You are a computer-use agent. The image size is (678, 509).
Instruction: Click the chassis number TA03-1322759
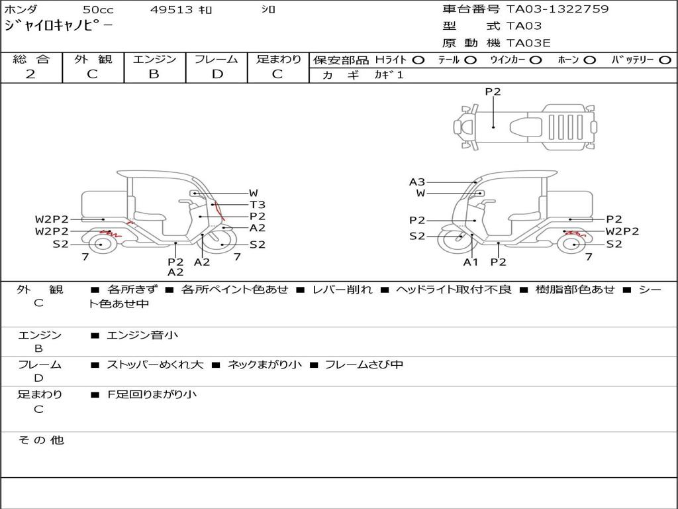pyautogui.click(x=557, y=9)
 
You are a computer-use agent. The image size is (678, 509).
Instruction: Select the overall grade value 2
pyautogui.click(x=30, y=74)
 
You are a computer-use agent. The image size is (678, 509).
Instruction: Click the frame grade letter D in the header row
pyautogui.click(x=217, y=74)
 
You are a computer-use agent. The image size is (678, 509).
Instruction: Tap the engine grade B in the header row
pyautogui.click(x=154, y=74)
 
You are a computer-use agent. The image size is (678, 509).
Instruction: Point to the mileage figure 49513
pyautogui.click(x=171, y=9)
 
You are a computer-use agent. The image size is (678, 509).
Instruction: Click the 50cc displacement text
pyautogui.click(x=98, y=9)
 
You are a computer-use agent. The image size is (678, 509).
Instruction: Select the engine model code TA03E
pyautogui.click(x=528, y=43)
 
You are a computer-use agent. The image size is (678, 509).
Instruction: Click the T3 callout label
pyautogui.click(x=258, y=205)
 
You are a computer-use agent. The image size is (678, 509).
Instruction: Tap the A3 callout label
pyautogui.click(x=417, y=182)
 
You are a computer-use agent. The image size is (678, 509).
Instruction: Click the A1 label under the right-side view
pyautogui.click(x=471, y=262)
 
